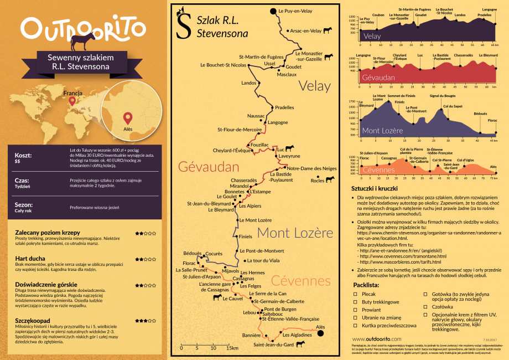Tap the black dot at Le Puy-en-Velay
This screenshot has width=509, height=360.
click(x=273, y=11)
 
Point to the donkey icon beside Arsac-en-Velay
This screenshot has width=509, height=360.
click(x=328, y=30)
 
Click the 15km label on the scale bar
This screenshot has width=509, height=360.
click(x=232, y=348)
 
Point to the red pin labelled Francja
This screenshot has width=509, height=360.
click(x=71, y=102)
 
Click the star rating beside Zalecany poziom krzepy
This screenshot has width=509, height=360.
click(x=145, y=233)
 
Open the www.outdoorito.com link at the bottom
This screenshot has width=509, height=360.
click(x=376, y=338)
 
